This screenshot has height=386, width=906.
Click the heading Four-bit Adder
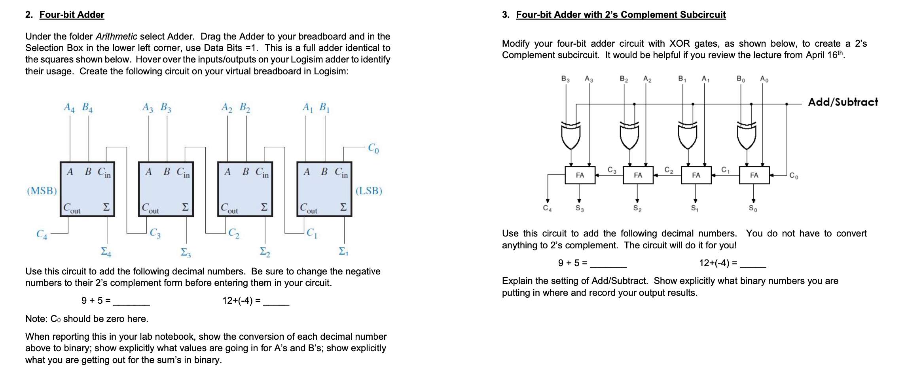coord(72,15)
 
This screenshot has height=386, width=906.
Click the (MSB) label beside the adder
coord(42,191)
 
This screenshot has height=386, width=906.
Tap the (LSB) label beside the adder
coord(369,191)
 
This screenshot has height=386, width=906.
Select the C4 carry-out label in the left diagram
coord(42,235)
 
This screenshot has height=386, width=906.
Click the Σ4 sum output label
coord(106,252)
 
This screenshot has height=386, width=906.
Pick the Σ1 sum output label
coord(343,252)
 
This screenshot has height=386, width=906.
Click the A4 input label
coord(69,107)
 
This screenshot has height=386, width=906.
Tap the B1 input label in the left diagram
coord(324,107)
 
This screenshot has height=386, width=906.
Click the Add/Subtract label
coord(843,102)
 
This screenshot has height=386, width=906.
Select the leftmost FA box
coord(580,175)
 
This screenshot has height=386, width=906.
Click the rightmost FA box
coord(754,175)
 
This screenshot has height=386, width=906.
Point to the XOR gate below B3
coord(571,135)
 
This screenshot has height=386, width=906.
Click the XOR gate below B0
coord(747,135)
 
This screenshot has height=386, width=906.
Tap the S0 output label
coord(753,208)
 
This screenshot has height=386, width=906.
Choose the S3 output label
coord(579,208)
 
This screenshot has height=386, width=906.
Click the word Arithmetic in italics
coord(116,37)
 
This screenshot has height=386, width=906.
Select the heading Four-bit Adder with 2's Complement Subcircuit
coord(621,15)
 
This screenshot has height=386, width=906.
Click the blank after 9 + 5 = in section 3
coord(608,263)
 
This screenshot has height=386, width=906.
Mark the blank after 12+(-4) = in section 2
coord(276,301)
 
